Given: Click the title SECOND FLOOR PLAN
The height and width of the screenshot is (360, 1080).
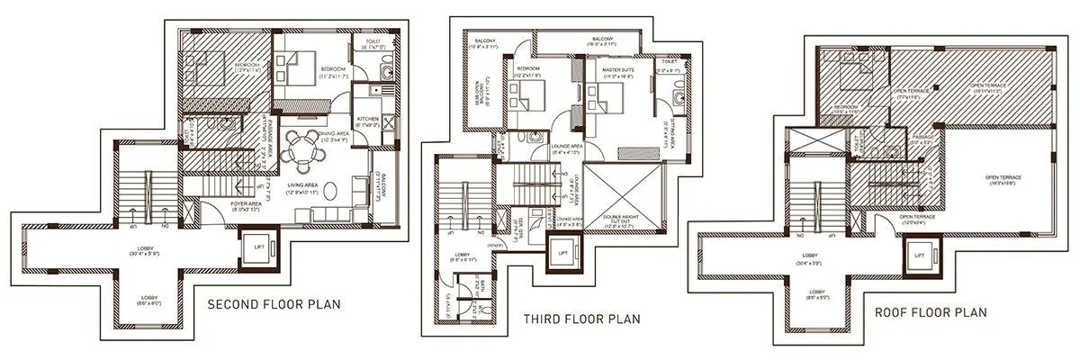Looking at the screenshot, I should click(274, 304).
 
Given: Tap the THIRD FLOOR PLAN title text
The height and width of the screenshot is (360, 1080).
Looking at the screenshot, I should click(581, 319).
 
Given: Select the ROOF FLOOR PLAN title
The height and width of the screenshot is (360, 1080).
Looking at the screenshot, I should click(931, 313).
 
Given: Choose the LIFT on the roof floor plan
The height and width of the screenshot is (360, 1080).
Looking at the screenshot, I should click(919, 256).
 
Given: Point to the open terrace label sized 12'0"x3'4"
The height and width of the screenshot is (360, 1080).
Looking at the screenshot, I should click(919, 219).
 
